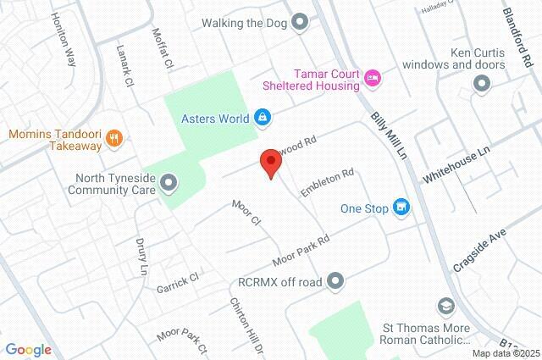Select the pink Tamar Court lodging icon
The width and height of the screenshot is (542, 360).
(373, 79)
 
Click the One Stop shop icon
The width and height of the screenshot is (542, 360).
(401, 207)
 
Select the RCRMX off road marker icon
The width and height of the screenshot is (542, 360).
(336, 280)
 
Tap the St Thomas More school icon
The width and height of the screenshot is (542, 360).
(445, 305)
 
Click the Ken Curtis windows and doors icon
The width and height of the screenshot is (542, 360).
(483, 83)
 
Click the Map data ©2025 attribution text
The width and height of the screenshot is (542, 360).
(505, 353)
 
